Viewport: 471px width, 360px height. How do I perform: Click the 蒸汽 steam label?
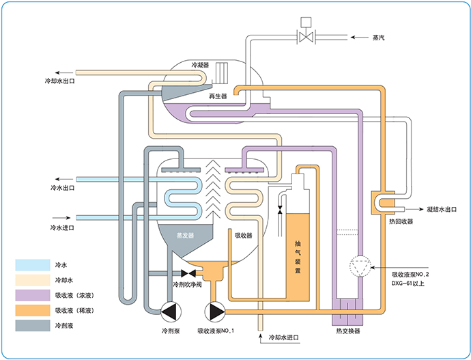point(378,37)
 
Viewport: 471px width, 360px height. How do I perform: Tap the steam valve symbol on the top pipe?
point(305,37)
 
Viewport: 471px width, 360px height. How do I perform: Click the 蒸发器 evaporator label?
point(186,235)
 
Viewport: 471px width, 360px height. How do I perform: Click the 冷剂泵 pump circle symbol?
point(169,311)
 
